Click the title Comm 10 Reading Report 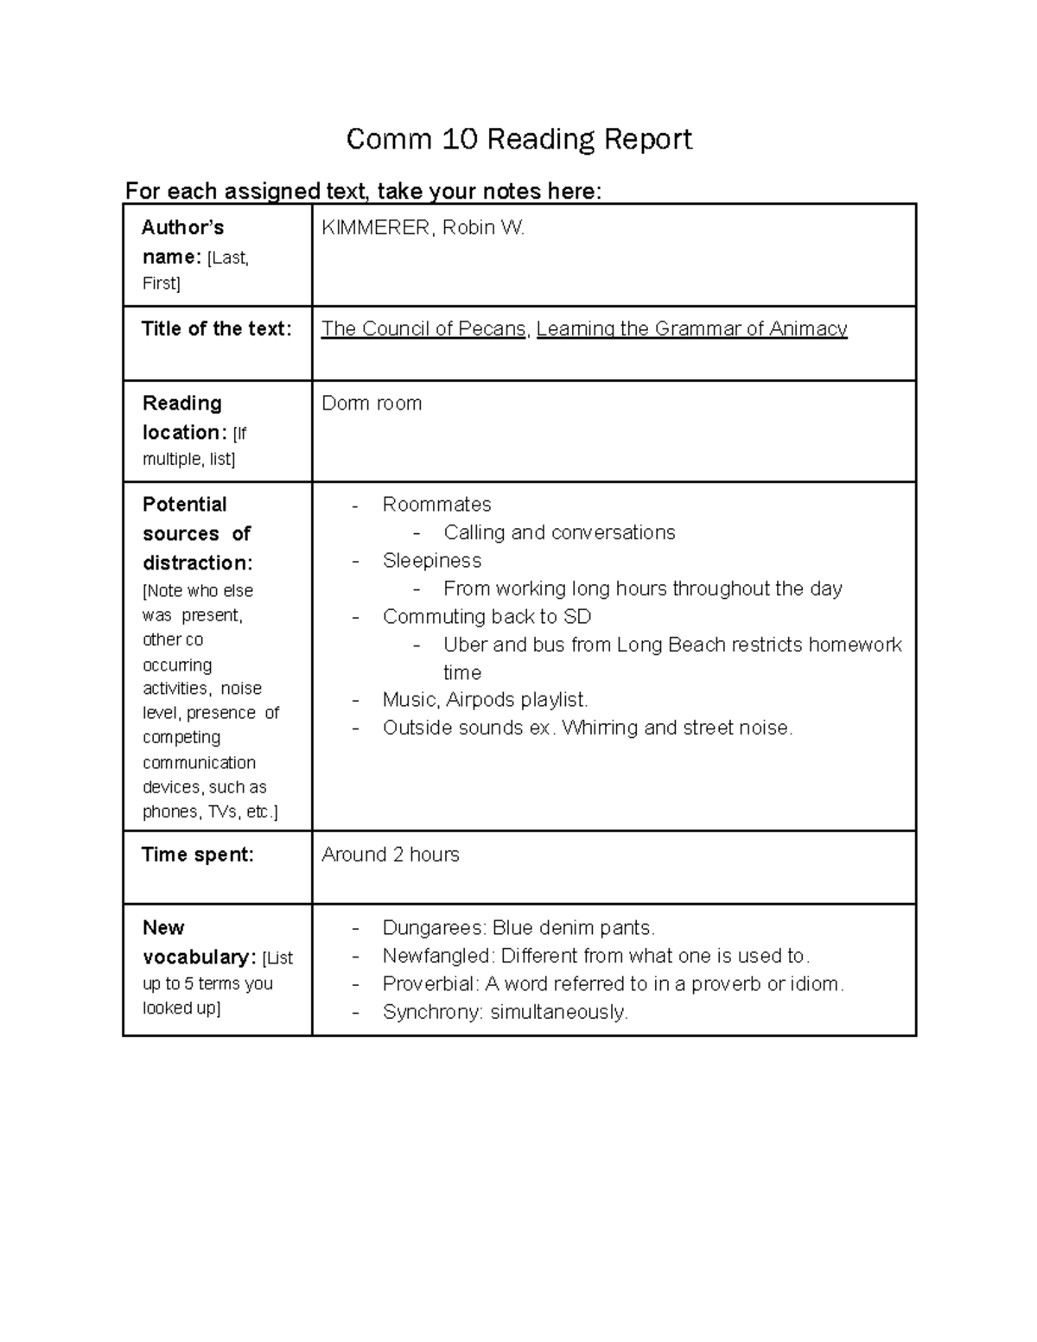[518, 139]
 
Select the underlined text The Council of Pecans [423, 329]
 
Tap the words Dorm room [372, 404]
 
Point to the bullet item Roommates [436, 505]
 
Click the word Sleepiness [432, 561]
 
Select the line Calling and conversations [559, 532]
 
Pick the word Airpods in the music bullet [480, 700]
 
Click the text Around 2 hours [391, 855]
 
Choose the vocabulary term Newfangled [438, 956]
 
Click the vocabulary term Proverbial [429, 984]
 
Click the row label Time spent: [198, 855]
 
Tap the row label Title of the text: [216, 329]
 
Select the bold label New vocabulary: [198, 943]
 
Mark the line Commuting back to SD [487, 617]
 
